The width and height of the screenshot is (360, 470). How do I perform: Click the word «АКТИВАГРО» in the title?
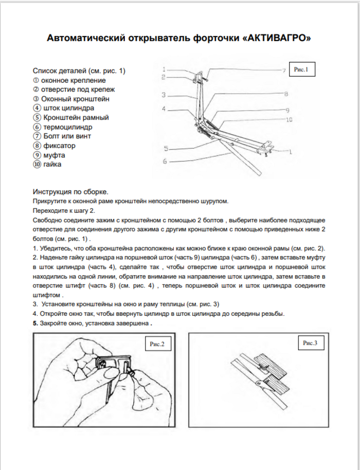pyautogui.click(x=278, y=38)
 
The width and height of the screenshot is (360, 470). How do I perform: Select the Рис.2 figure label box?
pyautogui.click(x=156, y=344)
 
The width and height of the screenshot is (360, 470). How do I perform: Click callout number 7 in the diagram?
pyautogui.click(x=283, y=69)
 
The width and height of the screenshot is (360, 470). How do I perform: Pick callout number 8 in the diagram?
pyautogui.click(x=285, y=94)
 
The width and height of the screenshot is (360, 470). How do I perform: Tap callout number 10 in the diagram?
pyautogui.click(x=290, y=119)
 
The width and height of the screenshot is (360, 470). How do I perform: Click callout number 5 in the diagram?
pyautogui.click(x=166, y=149)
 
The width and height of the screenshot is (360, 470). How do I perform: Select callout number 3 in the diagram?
pyautogui.click(x=162, y=95)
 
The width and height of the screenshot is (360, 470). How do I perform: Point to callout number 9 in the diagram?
pyautogui.click(x=287, y=110)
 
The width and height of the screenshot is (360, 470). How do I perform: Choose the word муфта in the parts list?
pyautogui.click(x=55, y=155)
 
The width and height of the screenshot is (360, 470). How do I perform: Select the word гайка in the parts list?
pyautogui.click(x=54, y=164)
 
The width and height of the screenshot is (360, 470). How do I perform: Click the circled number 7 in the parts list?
pyautogui.click(x=37, y=136)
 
